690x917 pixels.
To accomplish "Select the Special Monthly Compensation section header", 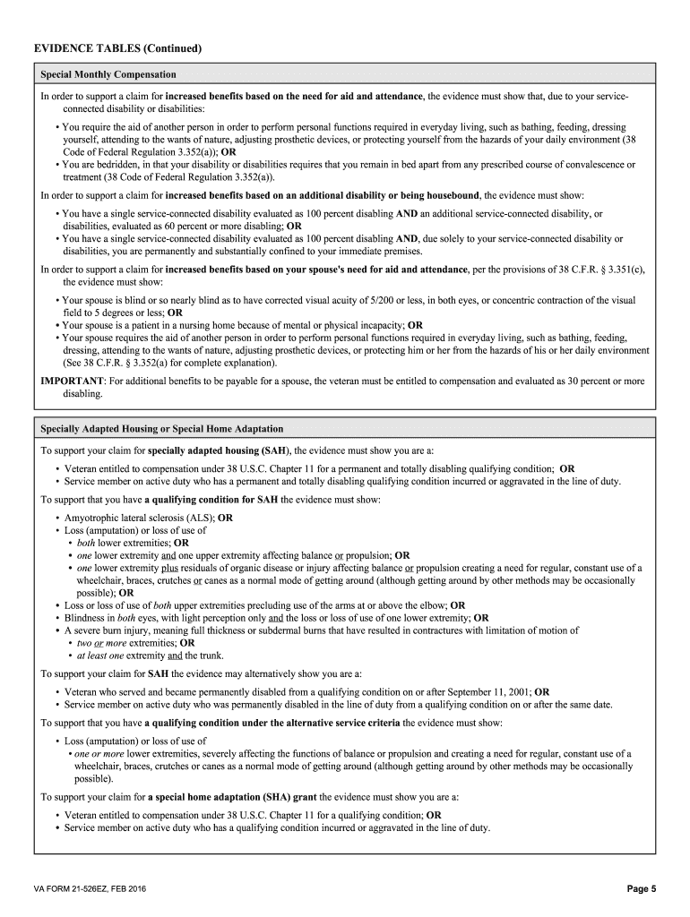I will coord(108,74).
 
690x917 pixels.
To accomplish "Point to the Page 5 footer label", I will coord(642,888).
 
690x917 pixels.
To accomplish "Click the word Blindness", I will coord(88,618).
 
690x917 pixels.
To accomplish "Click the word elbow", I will coord(430,605).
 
